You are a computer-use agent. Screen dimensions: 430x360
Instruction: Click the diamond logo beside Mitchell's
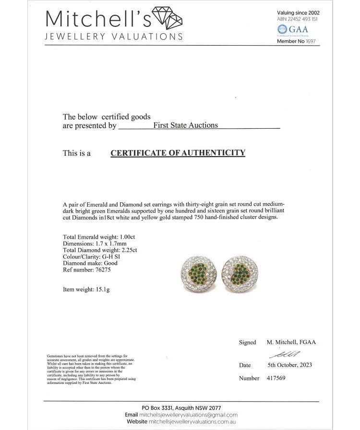point(167,20)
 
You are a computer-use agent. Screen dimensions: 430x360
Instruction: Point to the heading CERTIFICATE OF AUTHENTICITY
point(178,153)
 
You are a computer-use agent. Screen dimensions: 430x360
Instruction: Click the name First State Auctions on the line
point(185,125)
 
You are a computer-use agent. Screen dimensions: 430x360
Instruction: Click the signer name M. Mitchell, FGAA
point(291,343)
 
